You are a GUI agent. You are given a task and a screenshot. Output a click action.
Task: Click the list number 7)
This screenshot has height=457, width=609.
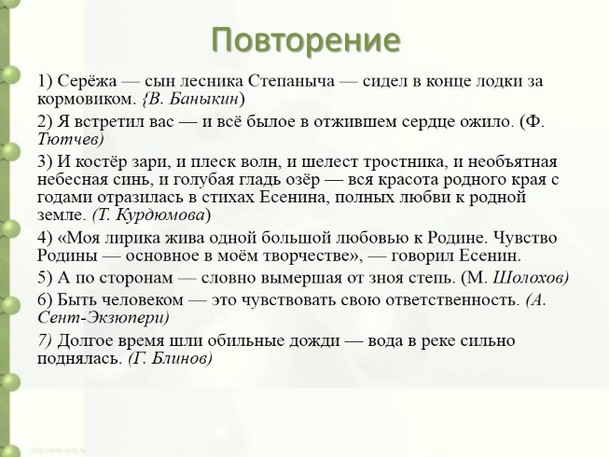tap(47, 339)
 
